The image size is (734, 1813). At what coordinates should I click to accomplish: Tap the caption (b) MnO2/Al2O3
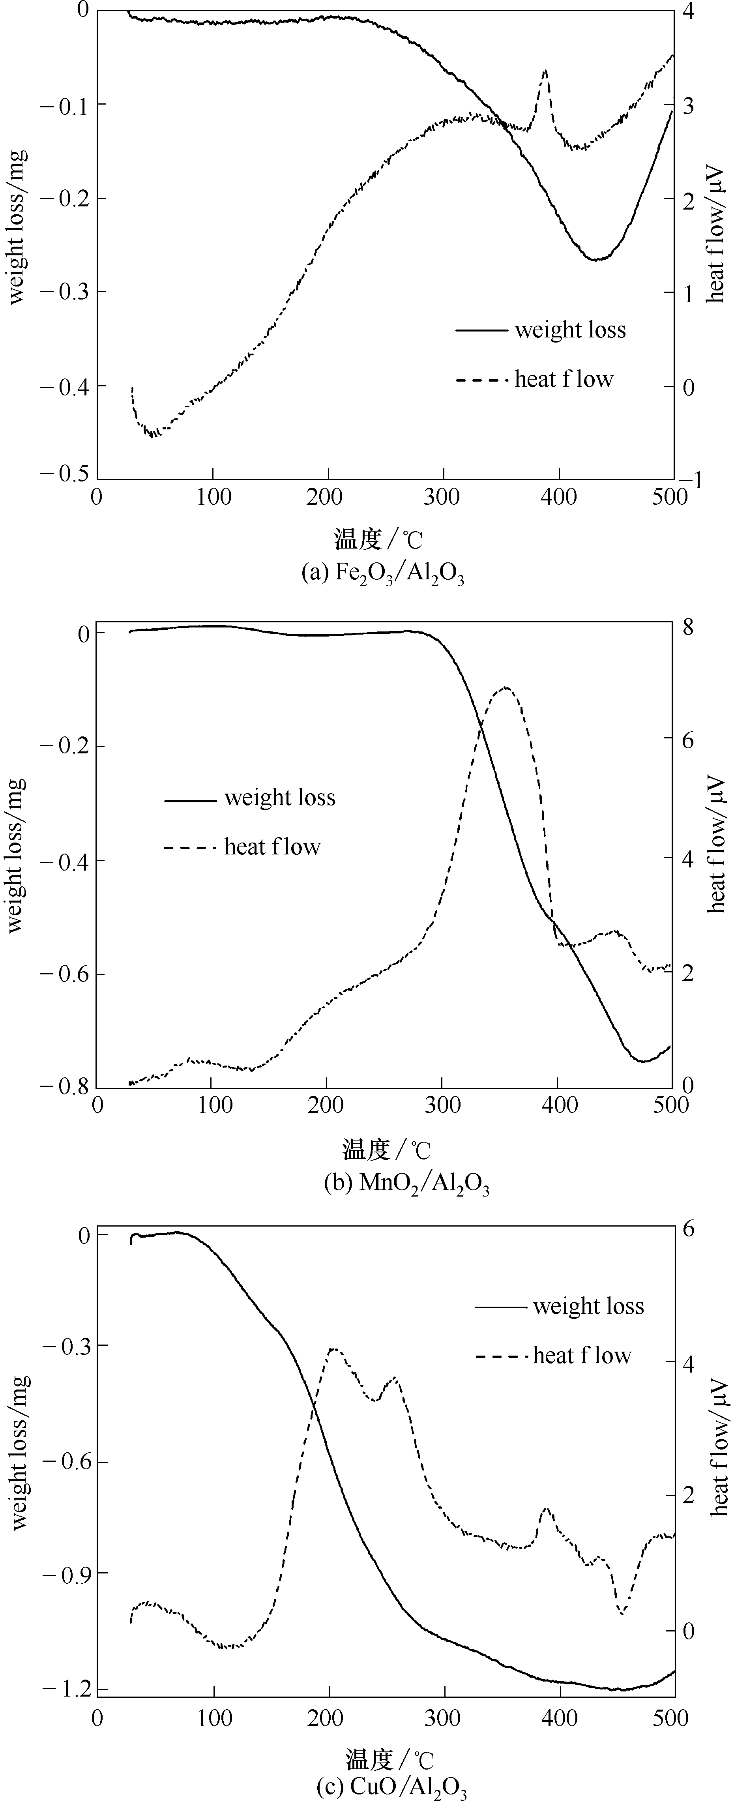[407, 1184]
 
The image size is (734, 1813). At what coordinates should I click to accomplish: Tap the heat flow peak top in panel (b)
[505, 687]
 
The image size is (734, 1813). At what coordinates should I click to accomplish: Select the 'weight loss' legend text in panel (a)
[570, 330]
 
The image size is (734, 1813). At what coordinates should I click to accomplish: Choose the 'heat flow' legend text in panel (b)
[272, 846]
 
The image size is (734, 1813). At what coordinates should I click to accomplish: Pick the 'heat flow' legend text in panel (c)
[582, 1356]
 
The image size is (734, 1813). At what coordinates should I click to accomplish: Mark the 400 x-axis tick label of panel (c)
[560, 1714]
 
